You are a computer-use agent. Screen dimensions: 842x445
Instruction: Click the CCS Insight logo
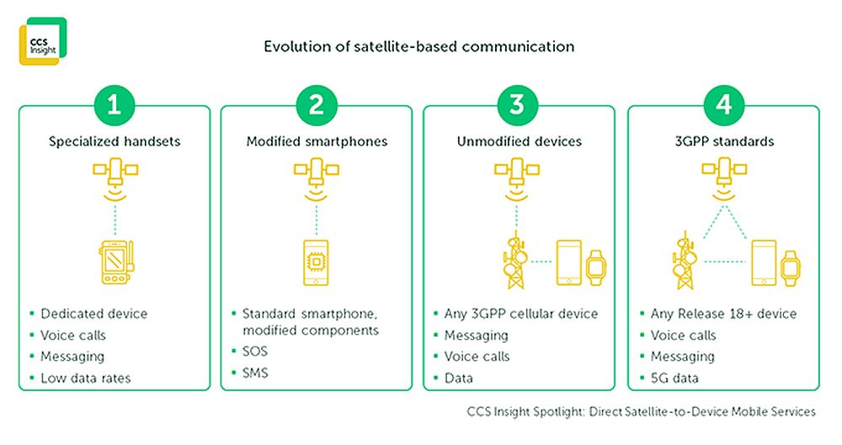pos(43,41)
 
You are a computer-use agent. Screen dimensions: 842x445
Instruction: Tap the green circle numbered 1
pos(114,104)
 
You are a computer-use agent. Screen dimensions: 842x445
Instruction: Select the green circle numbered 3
pos(517,104)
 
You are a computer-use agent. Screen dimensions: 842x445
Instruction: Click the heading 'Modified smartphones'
pos(317,141)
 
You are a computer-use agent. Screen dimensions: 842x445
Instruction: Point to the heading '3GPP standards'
pos(724,141)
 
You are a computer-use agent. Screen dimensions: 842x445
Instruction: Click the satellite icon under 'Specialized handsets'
pos(115,178)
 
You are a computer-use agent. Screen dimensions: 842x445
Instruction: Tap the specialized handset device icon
pos(116,262)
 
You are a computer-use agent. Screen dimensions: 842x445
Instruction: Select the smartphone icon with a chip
pos(316,262)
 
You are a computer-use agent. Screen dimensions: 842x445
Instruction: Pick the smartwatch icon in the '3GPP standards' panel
pos(790,268)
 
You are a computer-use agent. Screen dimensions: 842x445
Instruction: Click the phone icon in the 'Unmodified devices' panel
pos(568,262)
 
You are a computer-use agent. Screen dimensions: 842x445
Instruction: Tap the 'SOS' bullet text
pos(254,351)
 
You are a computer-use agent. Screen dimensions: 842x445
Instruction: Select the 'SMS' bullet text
pos(255,373)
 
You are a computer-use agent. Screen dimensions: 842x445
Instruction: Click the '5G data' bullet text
pos(674,378)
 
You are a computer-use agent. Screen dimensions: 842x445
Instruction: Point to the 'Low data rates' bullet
pos(86,378)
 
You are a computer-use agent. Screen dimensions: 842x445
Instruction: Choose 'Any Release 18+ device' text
pos(723,314)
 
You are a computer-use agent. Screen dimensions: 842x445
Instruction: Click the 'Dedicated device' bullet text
pos(94,314)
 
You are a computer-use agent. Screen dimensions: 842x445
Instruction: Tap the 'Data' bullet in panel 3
pos(459,378)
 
